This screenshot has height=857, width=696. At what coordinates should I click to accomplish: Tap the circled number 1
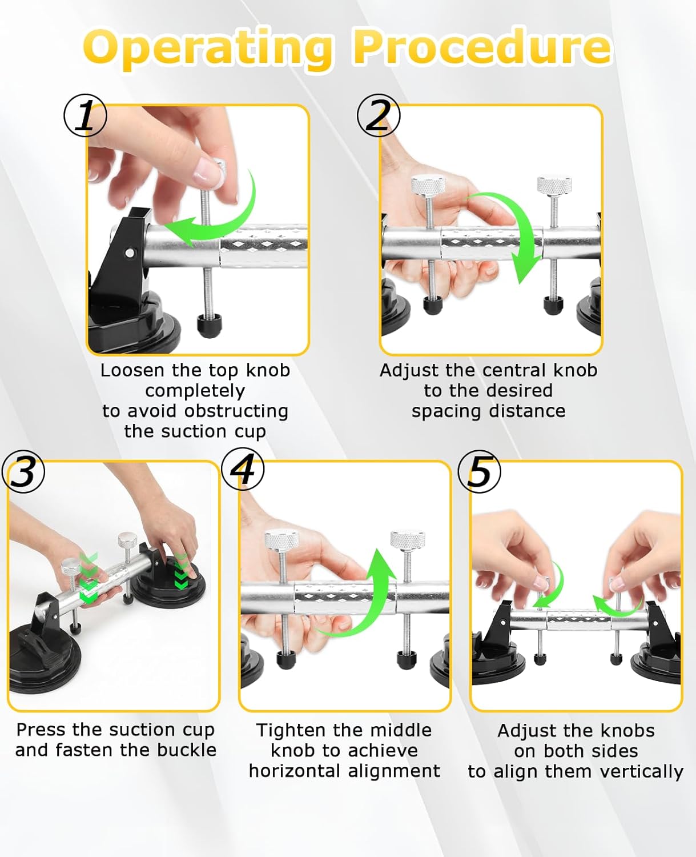click(85, 115)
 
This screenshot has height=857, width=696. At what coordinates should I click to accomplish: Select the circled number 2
click(379, 115)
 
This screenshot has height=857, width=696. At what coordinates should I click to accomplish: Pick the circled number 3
click(23, 471)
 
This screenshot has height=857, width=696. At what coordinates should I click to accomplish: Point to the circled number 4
click(243, 469)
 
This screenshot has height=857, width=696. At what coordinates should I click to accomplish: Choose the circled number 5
click(480, 471)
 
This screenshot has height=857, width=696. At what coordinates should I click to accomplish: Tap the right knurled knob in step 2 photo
click(554, 186)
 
